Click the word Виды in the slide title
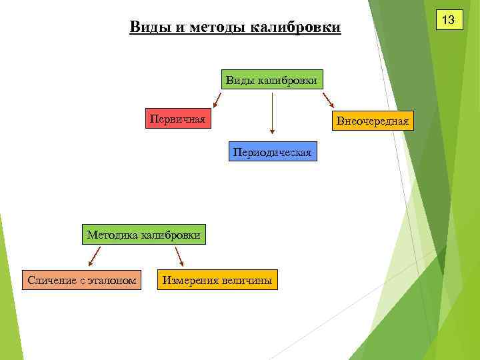coord(147,27)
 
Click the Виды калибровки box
coord(272,81)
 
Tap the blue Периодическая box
coord(272,152)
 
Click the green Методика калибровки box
coord(143,235)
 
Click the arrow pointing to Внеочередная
coord(328,100)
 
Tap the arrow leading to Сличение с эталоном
coord(94,255)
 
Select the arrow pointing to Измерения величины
coord(179,256)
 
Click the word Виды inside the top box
coord(239,81)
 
